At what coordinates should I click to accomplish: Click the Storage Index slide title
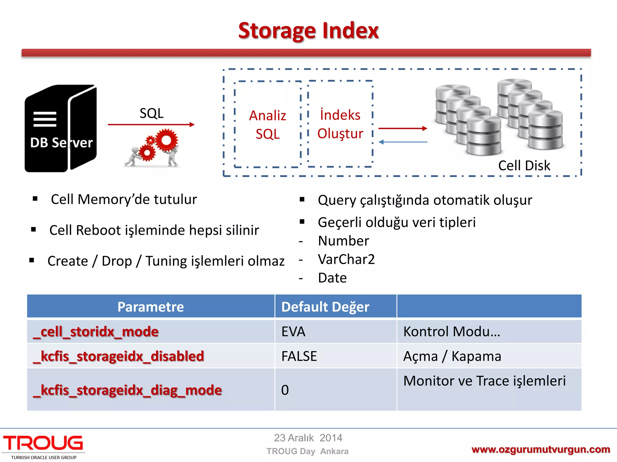[308, 31]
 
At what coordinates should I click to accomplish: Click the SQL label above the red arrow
[152, 113]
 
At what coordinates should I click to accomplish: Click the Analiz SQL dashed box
[268, 124]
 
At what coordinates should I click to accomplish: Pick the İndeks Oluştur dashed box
[340, 124]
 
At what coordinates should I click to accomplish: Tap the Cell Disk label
[524, 165]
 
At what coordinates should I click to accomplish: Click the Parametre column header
[151, 307]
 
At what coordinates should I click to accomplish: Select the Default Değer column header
[325, 307]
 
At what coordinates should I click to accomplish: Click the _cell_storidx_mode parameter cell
[96, 331]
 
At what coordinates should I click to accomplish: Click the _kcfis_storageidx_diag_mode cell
[127, 390]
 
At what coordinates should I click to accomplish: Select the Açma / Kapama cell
[452, 356]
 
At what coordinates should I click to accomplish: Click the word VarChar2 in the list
[346, 259]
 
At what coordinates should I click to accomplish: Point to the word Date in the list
[332, 278]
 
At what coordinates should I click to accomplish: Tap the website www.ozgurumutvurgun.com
[541, 449]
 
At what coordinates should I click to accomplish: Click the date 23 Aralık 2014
[308, 438]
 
